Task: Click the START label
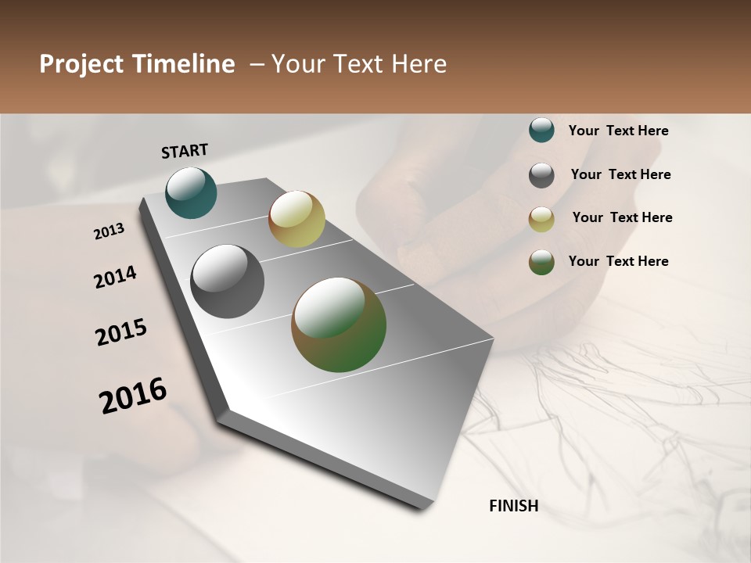[185, 151]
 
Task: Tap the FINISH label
[513, 506]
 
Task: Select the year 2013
[109, 231]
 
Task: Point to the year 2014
[115, 278]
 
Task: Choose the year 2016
[133, 396]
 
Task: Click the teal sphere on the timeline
[191, 193]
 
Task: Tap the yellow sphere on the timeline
[296, 219]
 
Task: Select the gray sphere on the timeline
[227, 281]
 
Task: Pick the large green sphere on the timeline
[339, 325]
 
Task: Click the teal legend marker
[541, 131]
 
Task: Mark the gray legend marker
[541, 175]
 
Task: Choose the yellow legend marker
[541, 219]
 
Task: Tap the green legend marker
[541, 262]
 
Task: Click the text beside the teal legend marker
[618, 131]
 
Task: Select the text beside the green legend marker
[618, 261]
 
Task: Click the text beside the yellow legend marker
[622, 217]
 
